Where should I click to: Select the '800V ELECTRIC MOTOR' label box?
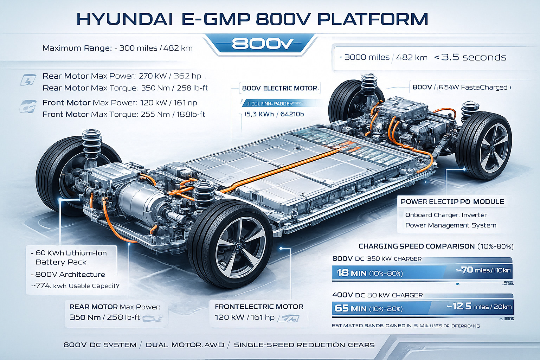click(x=279, y=88)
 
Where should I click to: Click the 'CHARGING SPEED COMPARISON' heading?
click(x=417, y=246)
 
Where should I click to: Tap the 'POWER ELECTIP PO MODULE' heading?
click(x=452, y=202)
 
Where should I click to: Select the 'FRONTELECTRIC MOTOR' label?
click(x=259, y=307)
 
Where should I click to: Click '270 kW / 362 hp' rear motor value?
click(x=170, y=76)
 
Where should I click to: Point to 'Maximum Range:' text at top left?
click(x=77, y=48)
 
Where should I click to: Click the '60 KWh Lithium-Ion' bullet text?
click(x=71, y=253)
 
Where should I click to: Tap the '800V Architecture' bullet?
click(x=70, y=275)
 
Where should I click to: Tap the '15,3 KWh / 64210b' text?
click(x=274, y=114)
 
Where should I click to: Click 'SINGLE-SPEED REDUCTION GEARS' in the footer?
click(x=304, y=345)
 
